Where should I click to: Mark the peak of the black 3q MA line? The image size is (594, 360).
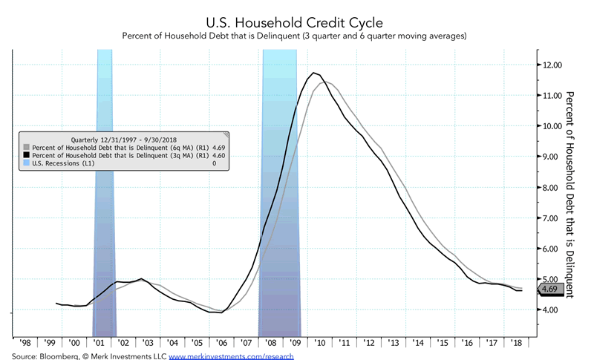(x=315, y=73)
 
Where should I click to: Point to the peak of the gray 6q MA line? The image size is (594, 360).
(x=325, y=82)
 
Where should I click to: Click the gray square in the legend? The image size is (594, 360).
(x=26, y=148)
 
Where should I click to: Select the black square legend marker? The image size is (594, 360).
(x=26, y=155)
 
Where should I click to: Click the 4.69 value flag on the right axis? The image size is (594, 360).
(x=550, y=289)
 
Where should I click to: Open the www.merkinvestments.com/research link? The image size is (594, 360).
(x=231, y=356)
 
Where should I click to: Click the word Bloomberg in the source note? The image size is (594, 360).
(x=52, y=356)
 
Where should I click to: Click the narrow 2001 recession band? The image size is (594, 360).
(x=105, y=223)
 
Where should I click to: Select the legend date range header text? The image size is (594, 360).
(x=124, y=139)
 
